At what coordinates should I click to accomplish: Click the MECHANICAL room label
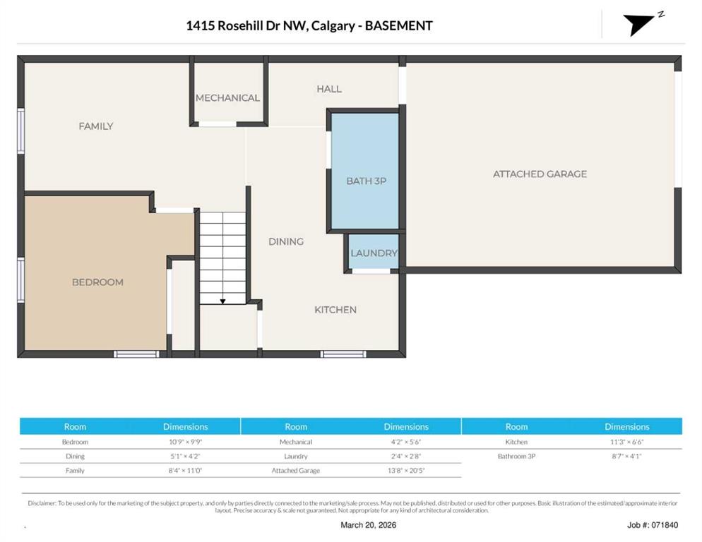(x=227, y=97)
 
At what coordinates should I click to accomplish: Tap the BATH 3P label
(x=367, y=181)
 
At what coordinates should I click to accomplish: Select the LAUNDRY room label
(x=374, y=253)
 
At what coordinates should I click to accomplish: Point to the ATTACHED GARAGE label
(x=540, y=174)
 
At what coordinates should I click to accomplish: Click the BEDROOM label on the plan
(x=97, y=282)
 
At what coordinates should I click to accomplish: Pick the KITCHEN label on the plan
(x=335, y=310)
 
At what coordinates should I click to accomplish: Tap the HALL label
(x=329, y=89)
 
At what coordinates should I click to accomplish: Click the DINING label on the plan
(x=286, y=241)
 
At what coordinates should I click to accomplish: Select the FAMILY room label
(x=96, y=126)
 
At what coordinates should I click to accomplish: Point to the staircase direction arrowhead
(x=222, y=301)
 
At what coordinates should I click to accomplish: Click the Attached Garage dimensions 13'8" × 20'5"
(x=406, y=471)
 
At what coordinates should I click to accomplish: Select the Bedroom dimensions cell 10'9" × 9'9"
(x=185, y=442)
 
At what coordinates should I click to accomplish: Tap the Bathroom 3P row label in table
(x=516, y=456)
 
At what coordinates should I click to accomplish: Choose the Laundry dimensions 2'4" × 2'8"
(x=406, y=456)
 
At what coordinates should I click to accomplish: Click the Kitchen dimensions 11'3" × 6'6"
(x=627, y=442)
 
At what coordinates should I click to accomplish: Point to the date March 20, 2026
(x=368, y=525)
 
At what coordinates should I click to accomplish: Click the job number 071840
(x=665, y=525)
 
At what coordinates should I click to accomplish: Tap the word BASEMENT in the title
(x=398, y=25)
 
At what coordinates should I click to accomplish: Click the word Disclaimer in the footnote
(x=42, y=503)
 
